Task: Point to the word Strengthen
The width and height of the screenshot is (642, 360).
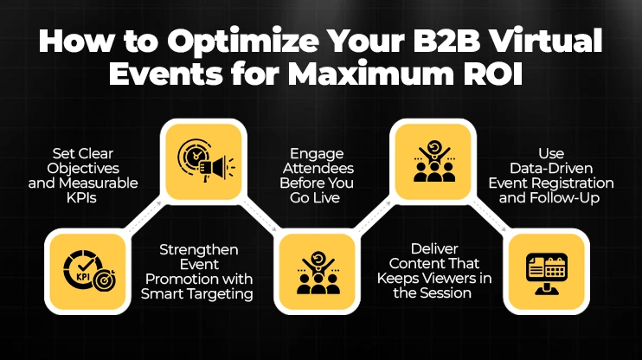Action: click(199, 249)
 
